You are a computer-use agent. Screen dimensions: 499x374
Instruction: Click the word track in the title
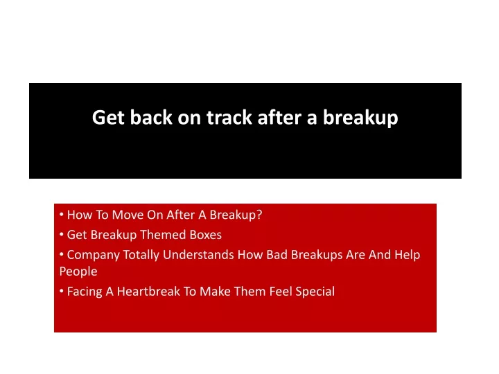click(x=229, y=117)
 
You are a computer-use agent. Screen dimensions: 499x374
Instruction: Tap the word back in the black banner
click(x=151, y=117)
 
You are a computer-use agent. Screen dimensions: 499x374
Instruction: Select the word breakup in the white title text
click(x=360, y=118)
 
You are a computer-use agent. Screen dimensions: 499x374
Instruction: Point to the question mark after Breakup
click(x=259, y=215)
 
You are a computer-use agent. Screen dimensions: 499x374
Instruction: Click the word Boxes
click(x=206, y=235)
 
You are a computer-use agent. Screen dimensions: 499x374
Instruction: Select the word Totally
click(x=141, y=255)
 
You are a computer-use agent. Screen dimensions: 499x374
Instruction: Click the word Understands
click(x=198, y=255)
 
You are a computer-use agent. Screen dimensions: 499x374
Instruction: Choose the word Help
click(x=408, y=255)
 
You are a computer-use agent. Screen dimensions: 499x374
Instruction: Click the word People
click(x=78, y=271)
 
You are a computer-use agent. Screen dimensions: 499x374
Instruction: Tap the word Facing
click(x=85, y=292)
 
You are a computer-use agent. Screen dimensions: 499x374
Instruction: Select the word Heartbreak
click(x=148, y=292)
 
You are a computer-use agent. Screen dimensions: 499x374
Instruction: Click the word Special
click(x=315, y=292)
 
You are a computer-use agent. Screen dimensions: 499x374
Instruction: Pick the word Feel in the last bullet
click(x=281, y=292)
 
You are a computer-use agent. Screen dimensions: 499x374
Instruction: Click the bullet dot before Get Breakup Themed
click(x=62, y=235)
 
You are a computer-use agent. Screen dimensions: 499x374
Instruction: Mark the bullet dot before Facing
click(x=62, y=291)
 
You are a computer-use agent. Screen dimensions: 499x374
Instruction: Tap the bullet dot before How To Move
click(x=62, y=214)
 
